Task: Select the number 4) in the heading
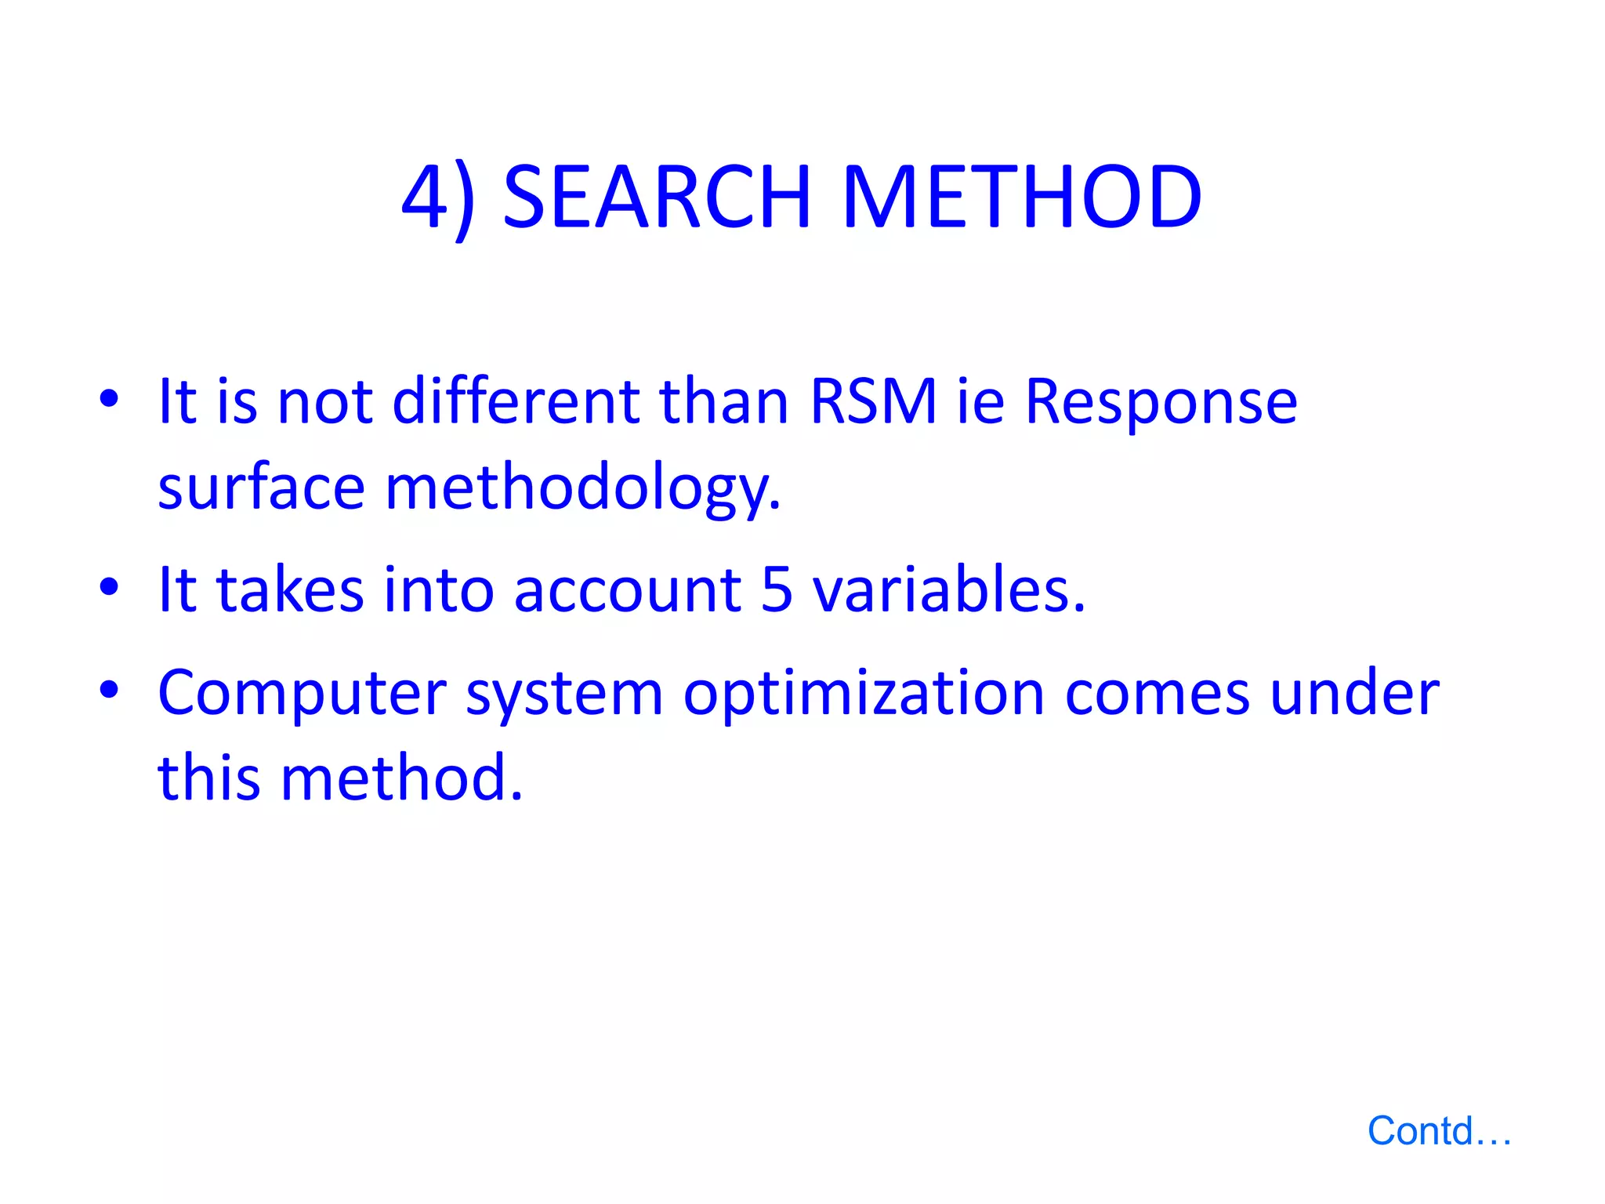(439, 198)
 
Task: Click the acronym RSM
(873, 401)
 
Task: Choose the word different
(516, 401)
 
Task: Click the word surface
(261, 487)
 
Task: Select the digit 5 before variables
(777, 589)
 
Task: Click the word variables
(949, 589)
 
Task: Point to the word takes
(290, 589)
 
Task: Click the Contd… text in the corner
(1439, 1131)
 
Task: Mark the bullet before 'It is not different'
(109, 398)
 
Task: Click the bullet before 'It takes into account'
(109, 586)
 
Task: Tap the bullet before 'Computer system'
(109, 690)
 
